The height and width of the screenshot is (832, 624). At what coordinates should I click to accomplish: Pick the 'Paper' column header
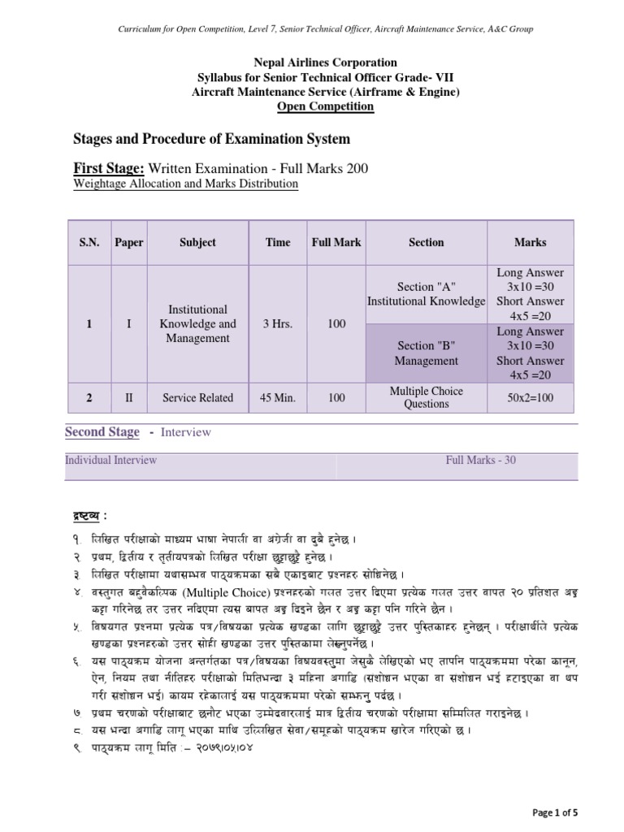click(128, 242)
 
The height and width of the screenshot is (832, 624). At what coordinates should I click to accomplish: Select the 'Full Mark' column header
click(336, 242)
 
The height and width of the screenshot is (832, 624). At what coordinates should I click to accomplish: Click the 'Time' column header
click(277, 242)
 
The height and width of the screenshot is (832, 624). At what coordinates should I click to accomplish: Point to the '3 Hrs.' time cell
click(277, 324)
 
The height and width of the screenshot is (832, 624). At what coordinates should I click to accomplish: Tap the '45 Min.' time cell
click(277, 398)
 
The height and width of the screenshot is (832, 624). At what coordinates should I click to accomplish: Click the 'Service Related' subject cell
click(197, 398)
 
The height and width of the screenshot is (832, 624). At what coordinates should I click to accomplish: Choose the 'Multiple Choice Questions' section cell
click(426, 398)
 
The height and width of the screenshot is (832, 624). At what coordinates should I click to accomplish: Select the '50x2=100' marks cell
click(531, 398)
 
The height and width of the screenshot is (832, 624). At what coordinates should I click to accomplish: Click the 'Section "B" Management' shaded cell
click(426, 353)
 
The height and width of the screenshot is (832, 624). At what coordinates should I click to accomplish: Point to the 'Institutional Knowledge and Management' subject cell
click(197, 324)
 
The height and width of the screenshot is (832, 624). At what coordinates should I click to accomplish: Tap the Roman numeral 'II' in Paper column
click(128, 398)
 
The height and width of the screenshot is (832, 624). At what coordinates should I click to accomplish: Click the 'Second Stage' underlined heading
click(102, 432)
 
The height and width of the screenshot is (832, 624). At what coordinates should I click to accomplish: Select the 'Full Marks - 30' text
click(480, 460)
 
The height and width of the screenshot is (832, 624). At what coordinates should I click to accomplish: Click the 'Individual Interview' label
click(111, 460)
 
